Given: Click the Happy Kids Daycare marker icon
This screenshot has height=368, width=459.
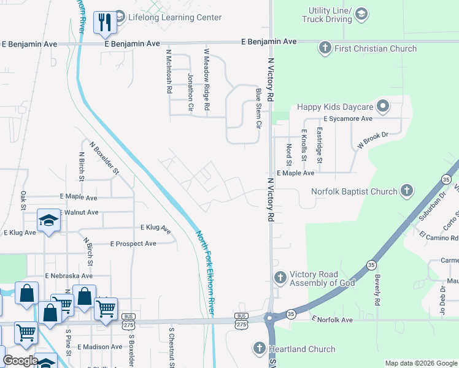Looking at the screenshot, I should (x=383, y=107).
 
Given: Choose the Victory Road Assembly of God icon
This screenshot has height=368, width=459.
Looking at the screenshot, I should (x=280, y=278).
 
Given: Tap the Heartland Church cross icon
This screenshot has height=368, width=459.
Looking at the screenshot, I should (x=259, y=349).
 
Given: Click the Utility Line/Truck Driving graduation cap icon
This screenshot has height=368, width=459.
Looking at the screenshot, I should (x=362, y=13).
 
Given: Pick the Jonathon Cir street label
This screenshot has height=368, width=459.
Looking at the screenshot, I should (x=190, y=92).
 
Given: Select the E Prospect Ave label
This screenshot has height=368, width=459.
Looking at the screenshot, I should (x=133, y=243).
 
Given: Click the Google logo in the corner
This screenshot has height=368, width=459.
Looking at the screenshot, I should (x=21, y=361).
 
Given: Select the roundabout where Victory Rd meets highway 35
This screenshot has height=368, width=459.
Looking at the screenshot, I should (x=271, y=318).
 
